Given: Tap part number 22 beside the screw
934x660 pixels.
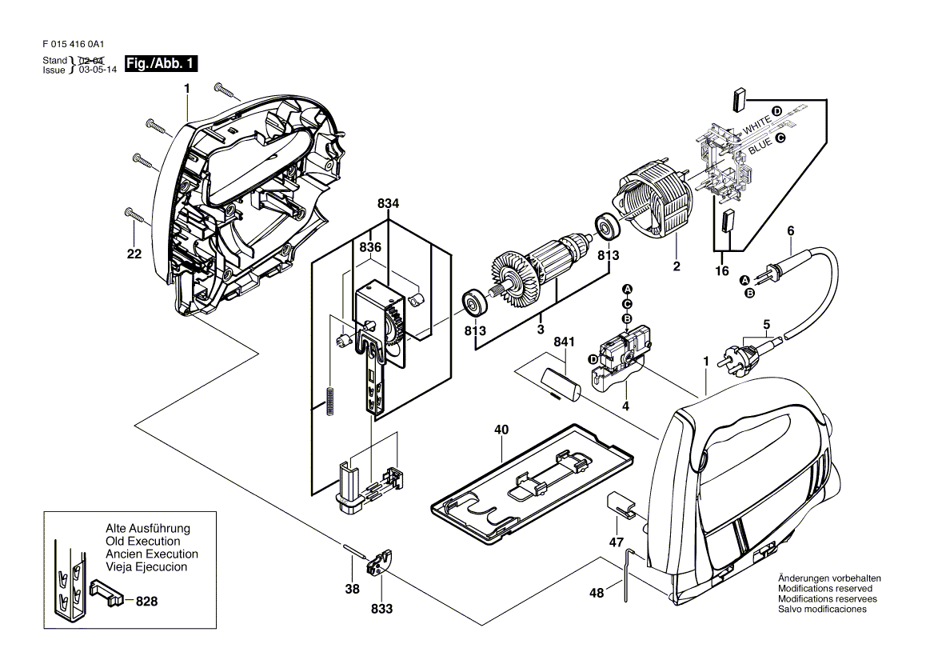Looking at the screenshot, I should pos(134,254).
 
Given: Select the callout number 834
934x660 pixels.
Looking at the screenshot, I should pos(389,205).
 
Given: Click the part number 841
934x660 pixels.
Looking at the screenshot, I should pos(564,342).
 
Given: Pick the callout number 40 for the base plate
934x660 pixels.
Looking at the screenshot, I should pos(501,430).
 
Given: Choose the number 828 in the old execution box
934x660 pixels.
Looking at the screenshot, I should pos(146,600).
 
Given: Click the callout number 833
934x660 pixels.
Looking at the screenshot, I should pos(382,609).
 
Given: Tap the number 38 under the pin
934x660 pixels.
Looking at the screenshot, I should pos(353,588).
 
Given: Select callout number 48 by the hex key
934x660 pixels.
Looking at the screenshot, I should pos(597,593).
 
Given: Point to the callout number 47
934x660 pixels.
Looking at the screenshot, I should pos(617,542).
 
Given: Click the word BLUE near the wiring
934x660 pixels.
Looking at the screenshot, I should pos(760,145).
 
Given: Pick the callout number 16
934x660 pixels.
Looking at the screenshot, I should pos(722,271).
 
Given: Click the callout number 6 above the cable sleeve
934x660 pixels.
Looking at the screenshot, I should pos(790,231).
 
